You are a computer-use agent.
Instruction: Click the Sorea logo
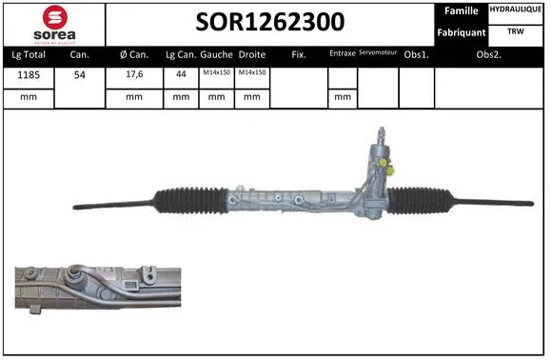point(53,22)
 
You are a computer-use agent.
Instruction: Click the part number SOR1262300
point(270,21)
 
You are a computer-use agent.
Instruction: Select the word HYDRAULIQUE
point(517,10)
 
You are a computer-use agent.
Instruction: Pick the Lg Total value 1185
point(27,74)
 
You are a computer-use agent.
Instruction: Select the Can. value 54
point(80,74)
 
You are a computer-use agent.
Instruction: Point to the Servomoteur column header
point(377,53)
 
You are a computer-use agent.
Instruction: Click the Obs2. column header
point(489,54)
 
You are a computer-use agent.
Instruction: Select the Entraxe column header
point(342,54)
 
